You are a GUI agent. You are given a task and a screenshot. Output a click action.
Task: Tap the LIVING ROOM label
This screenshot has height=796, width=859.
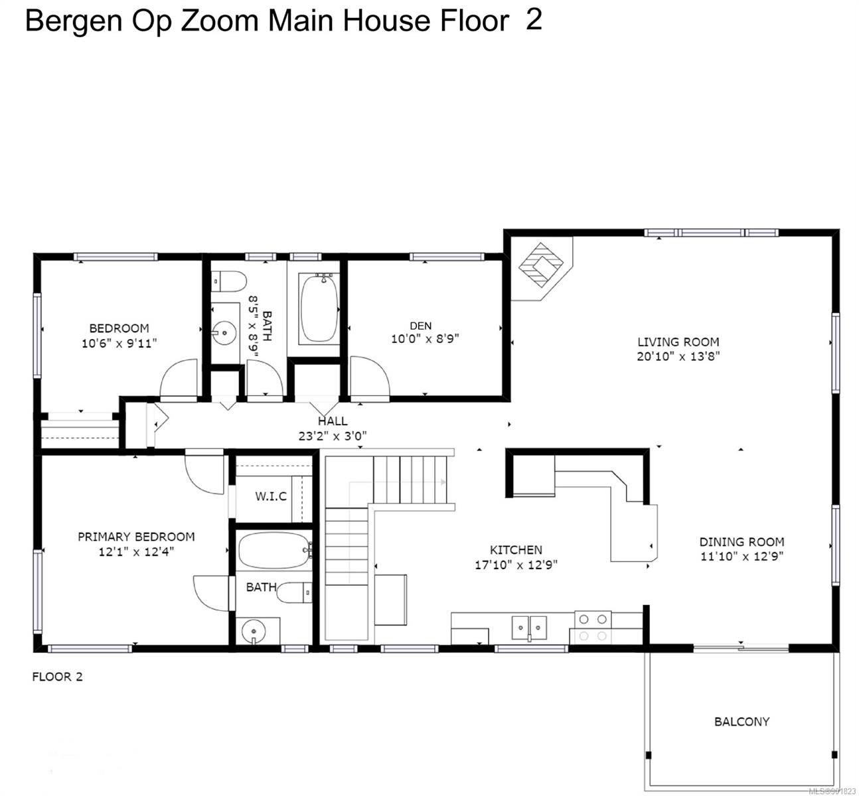678,342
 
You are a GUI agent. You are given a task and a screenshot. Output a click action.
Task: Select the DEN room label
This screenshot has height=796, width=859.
420,326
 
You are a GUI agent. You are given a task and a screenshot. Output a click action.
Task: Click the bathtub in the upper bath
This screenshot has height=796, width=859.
320,308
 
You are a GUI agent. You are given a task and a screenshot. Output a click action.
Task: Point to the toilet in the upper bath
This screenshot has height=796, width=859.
229,281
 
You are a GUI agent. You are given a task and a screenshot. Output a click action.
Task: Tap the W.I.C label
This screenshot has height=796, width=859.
271,496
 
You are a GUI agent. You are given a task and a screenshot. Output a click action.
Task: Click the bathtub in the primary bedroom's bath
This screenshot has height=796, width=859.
274,551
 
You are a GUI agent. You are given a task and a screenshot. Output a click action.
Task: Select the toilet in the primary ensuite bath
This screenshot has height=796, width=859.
294,592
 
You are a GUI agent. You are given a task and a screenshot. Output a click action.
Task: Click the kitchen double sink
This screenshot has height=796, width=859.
529,628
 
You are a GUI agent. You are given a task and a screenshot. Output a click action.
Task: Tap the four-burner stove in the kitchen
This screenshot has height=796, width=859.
593,628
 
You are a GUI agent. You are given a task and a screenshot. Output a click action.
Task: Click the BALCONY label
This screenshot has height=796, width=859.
742,722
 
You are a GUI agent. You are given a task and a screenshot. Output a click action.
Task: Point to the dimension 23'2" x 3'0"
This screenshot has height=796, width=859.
332,436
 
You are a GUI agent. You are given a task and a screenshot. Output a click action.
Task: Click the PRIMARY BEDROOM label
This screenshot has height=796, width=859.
136,537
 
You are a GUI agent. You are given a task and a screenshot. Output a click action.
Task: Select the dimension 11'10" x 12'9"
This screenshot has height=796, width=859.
742,556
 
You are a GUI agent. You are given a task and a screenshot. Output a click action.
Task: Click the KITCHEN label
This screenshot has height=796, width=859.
516,550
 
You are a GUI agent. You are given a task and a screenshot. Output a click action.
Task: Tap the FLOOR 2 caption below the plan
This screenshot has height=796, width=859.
58,677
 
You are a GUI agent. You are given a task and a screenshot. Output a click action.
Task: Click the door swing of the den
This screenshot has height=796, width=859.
369,376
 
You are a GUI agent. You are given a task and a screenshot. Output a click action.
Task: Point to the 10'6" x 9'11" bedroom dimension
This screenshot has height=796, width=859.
119,344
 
